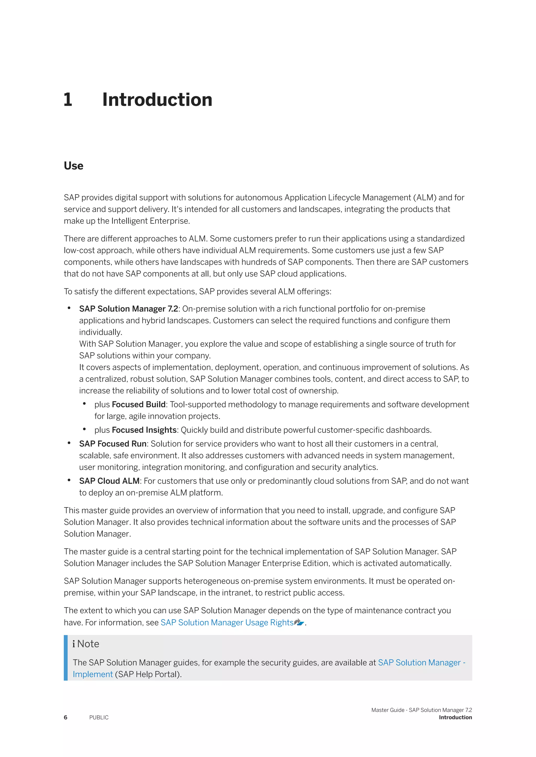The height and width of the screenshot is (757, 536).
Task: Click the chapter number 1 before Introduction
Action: click(x=68, y=100)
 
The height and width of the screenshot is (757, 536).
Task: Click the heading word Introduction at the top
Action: click(x=157, y=100)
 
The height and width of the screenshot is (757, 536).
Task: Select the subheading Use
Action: click(x=73, y=165)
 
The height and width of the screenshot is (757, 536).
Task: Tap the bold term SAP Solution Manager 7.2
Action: click(x=129, y=309)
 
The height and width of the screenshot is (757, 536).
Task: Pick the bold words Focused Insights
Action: click(x=144, y=430)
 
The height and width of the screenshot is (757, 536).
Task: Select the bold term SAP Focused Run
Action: click(x=113, y=444)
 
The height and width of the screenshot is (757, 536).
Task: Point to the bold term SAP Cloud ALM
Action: click(x=109, y=481)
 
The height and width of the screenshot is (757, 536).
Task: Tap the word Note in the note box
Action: click(x=88, y=644)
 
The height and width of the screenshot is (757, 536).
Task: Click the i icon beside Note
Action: click(x=74, y=644)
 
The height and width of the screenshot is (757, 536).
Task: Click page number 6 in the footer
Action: click(x=65, y=718)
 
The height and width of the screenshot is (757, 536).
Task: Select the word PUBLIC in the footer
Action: click(x=99, y=718)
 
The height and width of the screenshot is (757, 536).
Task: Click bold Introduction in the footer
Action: click(x=455, y=718)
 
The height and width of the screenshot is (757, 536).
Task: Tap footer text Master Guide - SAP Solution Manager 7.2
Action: click(x=421, y=710)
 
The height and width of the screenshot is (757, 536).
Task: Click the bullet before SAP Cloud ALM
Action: click(x=69, y=480)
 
